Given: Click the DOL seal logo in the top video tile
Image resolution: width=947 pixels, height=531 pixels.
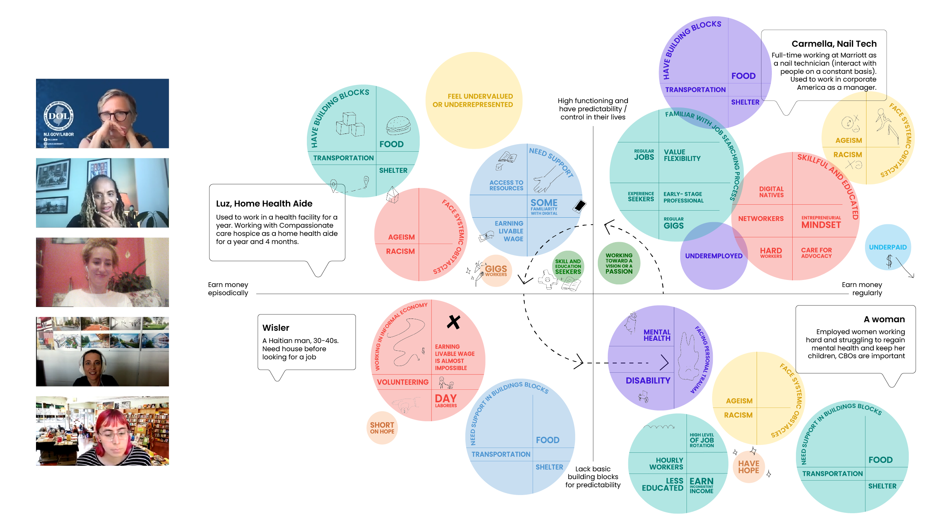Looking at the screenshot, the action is pos(59,116).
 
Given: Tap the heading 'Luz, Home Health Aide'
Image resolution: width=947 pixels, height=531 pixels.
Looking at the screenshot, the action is pos(264,204).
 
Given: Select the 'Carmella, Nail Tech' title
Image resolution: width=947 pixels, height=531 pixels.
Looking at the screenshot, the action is pos(834,44).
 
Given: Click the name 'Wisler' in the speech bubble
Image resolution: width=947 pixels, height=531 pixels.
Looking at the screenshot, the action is pos(276,328).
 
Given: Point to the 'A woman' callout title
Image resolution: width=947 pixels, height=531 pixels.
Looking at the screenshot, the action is pos(884,319).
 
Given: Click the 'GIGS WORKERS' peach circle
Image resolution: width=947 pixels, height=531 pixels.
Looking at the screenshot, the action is pos(496,271).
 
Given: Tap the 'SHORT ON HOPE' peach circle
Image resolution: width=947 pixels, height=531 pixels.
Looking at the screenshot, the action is pos(382,428).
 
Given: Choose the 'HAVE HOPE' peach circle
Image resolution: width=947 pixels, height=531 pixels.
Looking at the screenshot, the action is pos(748,467).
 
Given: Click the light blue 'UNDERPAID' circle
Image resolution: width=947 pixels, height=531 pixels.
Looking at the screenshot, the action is pos(888,247).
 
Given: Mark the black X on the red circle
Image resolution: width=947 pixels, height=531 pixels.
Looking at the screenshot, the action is pos(453,322).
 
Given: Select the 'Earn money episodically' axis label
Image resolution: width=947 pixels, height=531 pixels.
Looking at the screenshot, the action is pos(228,289).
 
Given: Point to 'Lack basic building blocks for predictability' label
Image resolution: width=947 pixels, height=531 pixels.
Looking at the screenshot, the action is pos(593,477).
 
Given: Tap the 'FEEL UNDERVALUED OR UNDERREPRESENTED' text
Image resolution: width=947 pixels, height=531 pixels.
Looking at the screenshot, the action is pos(473,100).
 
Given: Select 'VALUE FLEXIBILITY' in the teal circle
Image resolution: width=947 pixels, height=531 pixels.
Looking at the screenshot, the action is pos(682,155).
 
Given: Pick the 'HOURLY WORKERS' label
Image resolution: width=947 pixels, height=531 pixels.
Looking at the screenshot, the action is pos(666,464).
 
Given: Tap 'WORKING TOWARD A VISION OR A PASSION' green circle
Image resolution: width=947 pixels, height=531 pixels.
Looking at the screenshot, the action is pos(619,263).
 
